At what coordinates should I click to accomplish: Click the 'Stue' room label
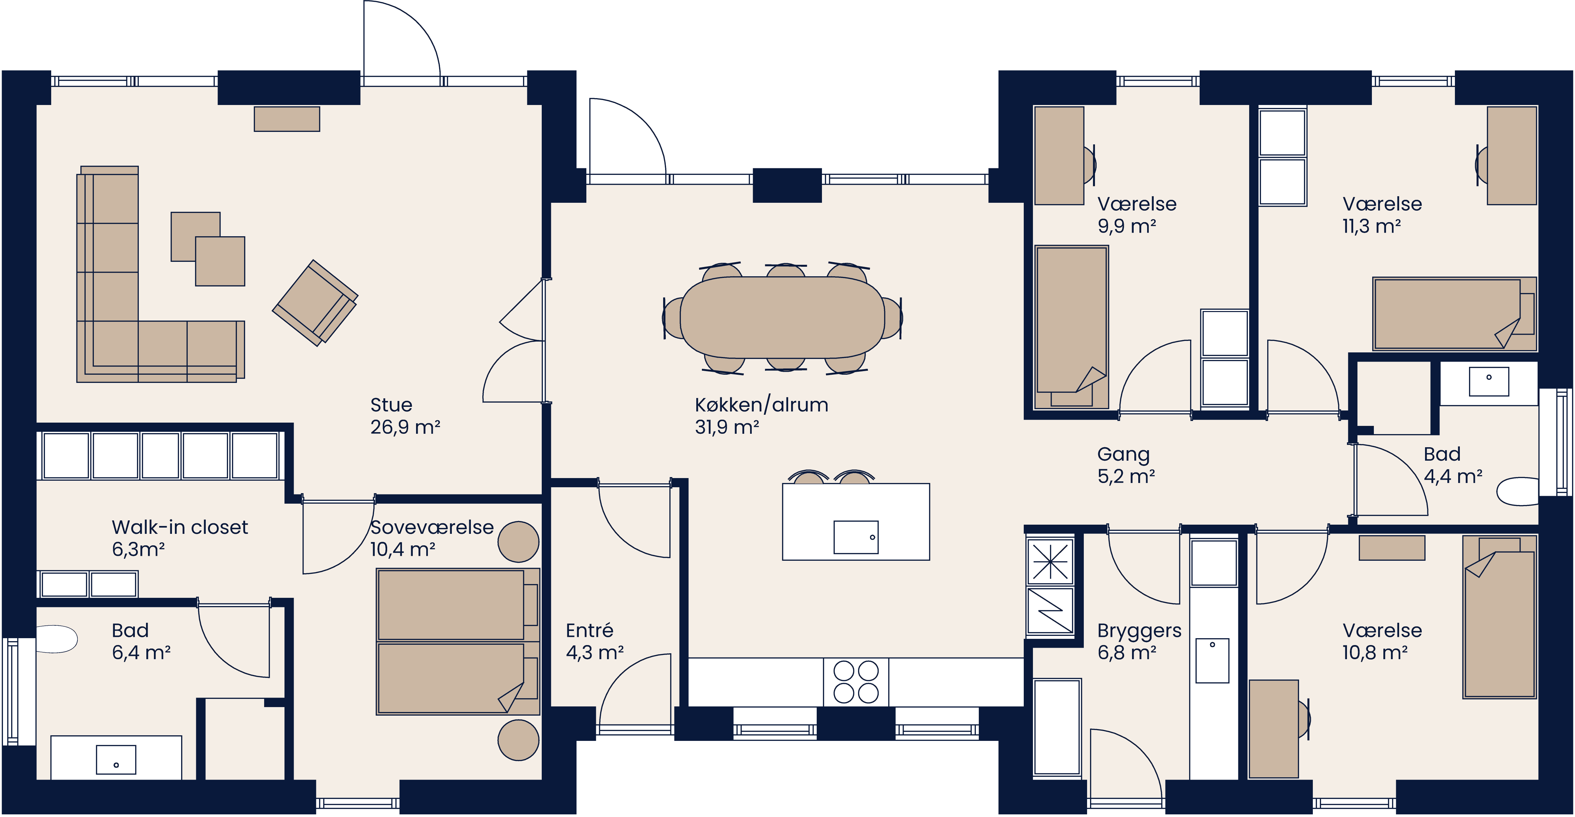point(391,405)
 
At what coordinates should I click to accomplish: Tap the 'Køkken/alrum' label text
point(761,405)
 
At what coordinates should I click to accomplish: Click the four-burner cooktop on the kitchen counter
point(856,682)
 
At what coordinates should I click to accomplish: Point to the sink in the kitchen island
point(856,537)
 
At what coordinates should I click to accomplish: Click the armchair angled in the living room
point(315,303)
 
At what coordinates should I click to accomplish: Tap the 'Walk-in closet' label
point(180,527)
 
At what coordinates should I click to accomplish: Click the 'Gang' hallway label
point(1123,454)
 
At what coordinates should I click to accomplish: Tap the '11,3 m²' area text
point(1372,226)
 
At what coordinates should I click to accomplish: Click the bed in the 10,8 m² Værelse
point(1499,618)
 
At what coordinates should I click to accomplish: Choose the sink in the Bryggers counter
point(1212,660)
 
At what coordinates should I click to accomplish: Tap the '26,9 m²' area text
point(405,427)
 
